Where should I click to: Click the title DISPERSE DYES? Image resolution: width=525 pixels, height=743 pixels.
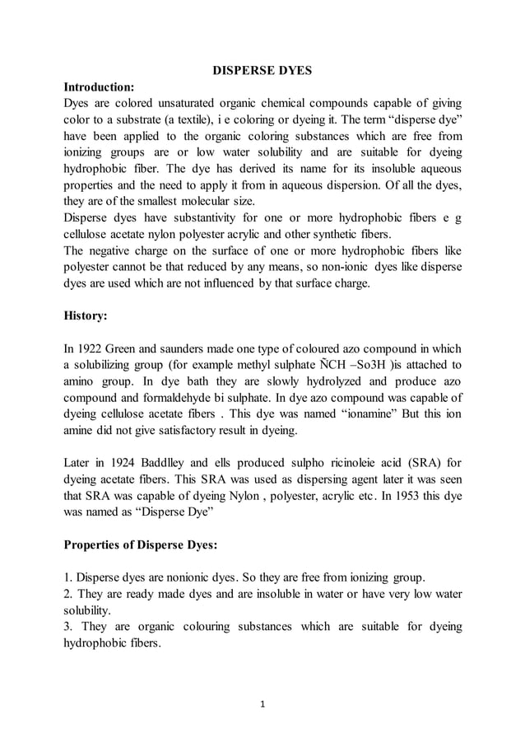[262, 71]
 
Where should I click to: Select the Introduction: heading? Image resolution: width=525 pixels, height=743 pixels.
[100, 86]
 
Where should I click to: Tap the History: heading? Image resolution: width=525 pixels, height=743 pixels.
[85, 315]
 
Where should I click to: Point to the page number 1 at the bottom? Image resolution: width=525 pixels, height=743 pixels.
[262, 705]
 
